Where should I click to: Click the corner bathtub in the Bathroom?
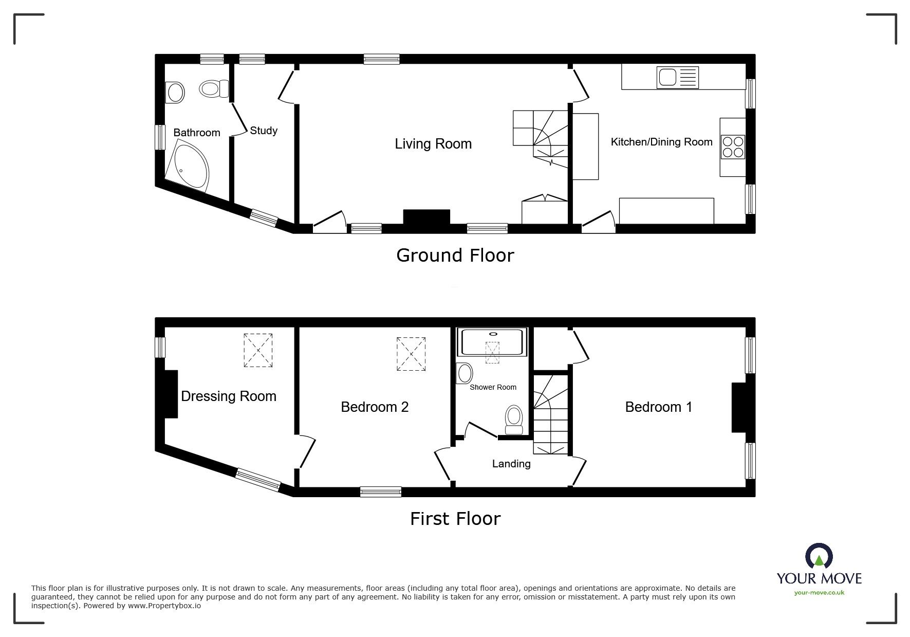click(190, 166)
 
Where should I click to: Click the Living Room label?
click(433, 144)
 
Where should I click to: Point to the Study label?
click(264, 131)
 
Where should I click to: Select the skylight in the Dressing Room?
click(258, 350)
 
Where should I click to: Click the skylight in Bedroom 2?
click(411, 354)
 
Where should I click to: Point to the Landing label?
click(511, 464)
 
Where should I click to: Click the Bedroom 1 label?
click(658, 407)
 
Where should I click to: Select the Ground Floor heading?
click(455, 256)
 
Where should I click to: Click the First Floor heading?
click(455, 519)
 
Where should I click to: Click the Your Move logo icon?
click(819, 557)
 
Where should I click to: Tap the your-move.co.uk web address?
click(819, 593)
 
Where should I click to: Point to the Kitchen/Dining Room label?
click(661, 142)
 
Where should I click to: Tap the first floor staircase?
click(551, 414)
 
